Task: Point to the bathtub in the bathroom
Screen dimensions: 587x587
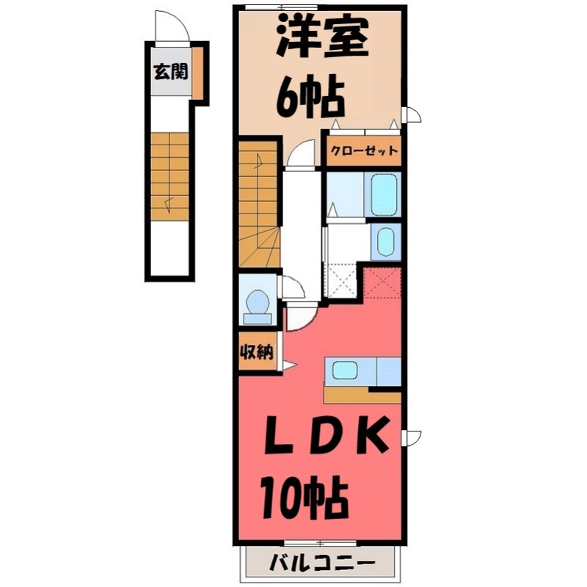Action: pos(383,194)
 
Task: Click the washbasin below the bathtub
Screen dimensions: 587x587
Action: pos(385,241)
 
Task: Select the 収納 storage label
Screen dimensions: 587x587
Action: pos(256,352)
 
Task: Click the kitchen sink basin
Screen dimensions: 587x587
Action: pos(343,371)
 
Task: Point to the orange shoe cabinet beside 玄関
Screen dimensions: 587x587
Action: pos(197,74)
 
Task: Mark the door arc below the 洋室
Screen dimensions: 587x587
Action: pos(301,154)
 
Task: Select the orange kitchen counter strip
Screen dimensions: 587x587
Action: pos(361,395)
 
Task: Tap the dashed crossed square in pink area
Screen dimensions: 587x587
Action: pos(382,283)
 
